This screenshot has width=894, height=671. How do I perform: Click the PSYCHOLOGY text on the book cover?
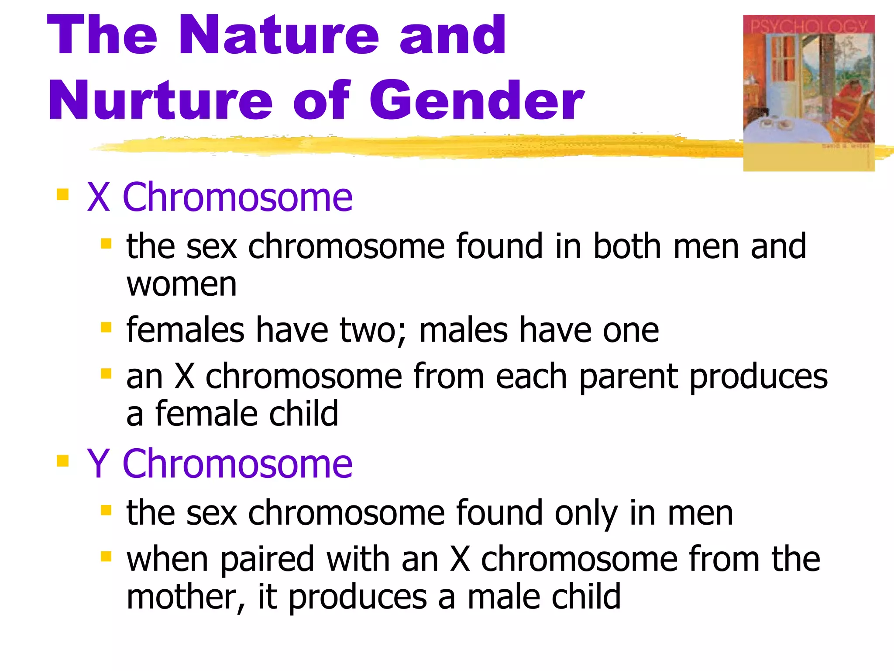point(808,27)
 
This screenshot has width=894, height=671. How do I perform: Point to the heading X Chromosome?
point(220,197)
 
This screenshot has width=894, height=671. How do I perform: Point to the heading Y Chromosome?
point(220,464)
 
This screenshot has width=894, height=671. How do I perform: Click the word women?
point(182,285)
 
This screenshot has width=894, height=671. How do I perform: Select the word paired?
point(267,560)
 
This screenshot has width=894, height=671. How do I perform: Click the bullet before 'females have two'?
point(106,327)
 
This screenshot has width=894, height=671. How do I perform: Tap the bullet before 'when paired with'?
point(106,557)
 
